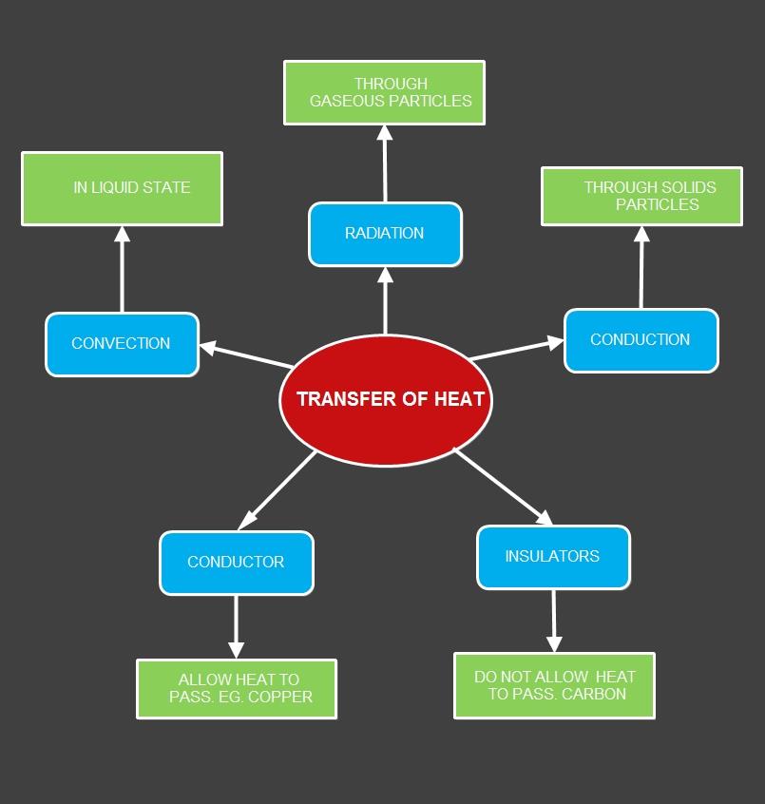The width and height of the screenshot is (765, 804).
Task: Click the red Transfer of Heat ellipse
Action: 385,400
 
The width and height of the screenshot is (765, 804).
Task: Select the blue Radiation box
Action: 385,234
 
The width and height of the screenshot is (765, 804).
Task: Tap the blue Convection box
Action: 122,344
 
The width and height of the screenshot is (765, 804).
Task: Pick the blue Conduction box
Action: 641,340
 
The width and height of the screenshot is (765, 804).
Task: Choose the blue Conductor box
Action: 236,563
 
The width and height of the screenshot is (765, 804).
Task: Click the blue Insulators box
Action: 552,557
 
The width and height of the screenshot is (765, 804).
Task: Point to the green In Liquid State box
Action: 122,188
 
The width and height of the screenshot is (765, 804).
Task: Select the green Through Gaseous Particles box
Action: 384,92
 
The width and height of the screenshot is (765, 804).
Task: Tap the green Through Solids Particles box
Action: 641,196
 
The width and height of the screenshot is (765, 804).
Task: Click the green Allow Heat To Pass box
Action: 237,688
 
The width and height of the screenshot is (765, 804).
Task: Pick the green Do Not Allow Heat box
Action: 554,685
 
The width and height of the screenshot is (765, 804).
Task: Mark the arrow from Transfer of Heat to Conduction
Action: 517,349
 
